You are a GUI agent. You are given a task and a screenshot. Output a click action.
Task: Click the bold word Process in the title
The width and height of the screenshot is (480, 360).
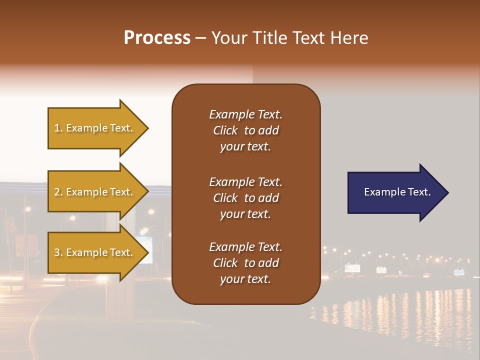click(x=157, y=38)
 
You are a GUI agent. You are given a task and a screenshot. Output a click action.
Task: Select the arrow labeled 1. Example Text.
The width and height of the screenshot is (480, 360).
click(x=97, y=128)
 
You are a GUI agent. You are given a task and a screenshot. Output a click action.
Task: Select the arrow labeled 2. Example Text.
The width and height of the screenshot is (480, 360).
click(x=97, y=192)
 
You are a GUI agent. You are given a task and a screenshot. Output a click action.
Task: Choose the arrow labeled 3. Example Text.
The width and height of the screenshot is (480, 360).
click(x=97, y=252)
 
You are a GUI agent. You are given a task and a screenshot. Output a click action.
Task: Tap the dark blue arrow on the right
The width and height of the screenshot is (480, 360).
click(x=397, y=192)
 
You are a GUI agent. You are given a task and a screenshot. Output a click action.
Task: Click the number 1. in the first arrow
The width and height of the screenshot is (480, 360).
click(x=58, y=128)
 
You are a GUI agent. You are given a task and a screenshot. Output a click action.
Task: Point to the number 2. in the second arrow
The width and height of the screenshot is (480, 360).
click(x=58, y=192)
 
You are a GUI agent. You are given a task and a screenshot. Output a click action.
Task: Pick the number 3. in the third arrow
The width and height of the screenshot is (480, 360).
click(x=58, y=252)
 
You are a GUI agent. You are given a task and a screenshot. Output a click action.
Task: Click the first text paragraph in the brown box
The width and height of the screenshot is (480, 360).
click(x=245, y=130)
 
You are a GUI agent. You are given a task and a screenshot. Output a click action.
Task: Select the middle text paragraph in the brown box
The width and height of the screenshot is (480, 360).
click(x=245, y=198)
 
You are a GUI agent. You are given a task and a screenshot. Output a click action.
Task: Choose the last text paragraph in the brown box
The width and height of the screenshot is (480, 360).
click(x=245, y=263)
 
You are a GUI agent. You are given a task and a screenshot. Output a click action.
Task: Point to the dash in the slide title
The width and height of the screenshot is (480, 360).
click(x=200, y=38)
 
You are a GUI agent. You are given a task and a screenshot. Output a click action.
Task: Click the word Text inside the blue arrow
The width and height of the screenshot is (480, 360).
click(x=419, y=192)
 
